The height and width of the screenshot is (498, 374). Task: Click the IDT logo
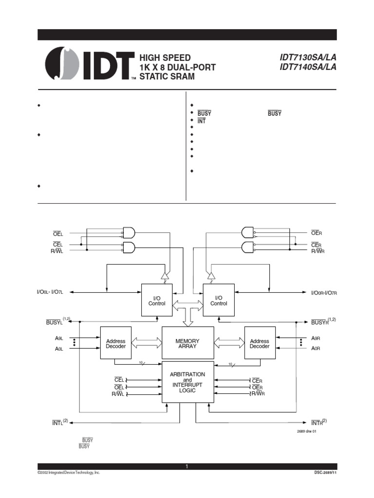[x=90, y=65]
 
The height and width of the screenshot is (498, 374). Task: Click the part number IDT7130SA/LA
[x=308, y=57]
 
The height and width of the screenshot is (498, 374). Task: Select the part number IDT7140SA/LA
[x=308, y=67]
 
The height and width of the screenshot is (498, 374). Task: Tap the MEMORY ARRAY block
[x=187, y=344]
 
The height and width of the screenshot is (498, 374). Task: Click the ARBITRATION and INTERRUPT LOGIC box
[x=187, y=382]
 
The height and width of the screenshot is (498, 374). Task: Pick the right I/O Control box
[x=219, y=301]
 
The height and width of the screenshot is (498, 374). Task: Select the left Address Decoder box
[x=115, y=344]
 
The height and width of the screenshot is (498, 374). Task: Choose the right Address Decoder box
[x=260, y=344]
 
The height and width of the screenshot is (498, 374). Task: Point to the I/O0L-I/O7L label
[x=56, y=292]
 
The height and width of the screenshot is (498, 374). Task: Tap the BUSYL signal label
[x=55, y=322]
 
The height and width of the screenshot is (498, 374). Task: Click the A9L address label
[x=58, y=338]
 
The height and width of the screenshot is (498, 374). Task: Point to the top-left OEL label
[x=59, y=233]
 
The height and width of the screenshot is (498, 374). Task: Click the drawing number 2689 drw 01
[x=306, y=431]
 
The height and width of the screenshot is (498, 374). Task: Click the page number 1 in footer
[x=187, y=466]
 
